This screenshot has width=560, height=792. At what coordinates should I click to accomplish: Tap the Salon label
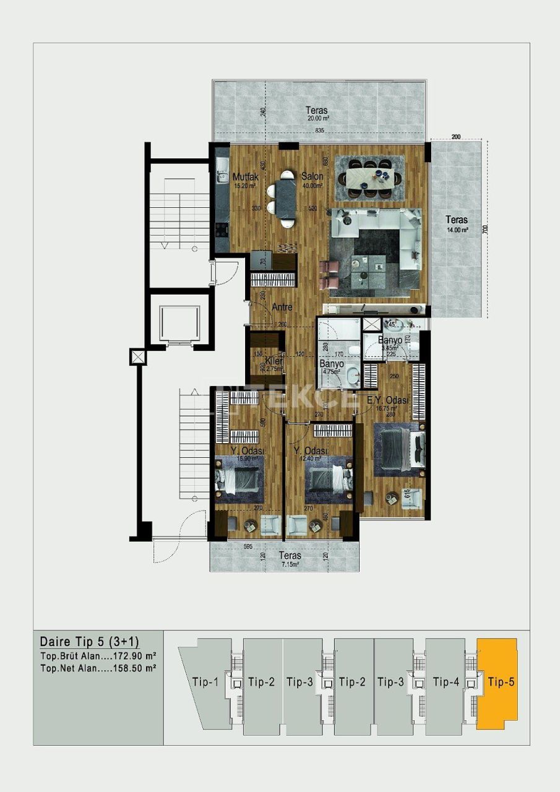(x=312, y=176)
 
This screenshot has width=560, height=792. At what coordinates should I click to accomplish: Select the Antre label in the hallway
(x=282, y=307)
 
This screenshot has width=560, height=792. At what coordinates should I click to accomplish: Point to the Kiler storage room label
(x=274, y=361)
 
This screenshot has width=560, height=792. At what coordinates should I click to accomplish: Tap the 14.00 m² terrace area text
(x=457, y=230)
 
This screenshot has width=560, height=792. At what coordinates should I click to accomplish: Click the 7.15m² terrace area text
(x=290, y=564)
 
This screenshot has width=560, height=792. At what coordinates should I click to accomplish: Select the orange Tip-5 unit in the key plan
(x=500, y=682)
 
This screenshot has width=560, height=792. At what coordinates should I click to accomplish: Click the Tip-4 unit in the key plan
(x=445, y=682)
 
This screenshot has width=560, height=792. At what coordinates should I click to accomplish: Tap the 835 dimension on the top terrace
(x=320, y=131)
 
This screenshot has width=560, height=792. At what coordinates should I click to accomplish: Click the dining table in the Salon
(x=369, y=178)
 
